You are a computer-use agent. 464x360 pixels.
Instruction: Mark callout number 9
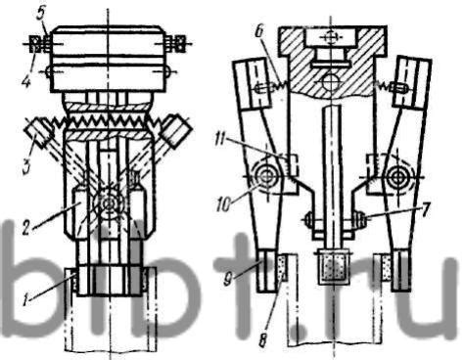coord(229,280)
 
